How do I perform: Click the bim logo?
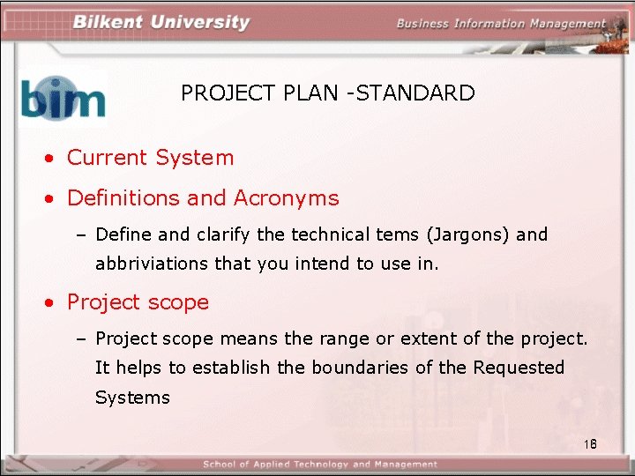click(63, 97)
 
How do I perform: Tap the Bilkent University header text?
click(161, 22)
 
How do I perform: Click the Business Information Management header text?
click(501, 24)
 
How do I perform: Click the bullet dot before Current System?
click(53, 160)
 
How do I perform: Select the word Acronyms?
click(286, 198)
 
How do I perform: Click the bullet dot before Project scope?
click(53, 303)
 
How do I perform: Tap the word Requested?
click(519, 368)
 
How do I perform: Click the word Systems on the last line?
click(132, 398)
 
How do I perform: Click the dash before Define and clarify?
click(83, 235)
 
